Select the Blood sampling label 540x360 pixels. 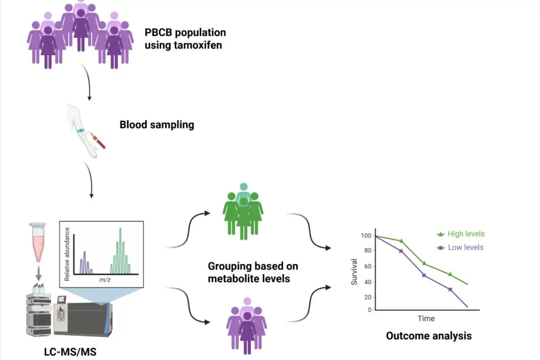pos(157,125)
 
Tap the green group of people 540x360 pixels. pos(244,208)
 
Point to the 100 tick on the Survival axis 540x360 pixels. pos(365,235)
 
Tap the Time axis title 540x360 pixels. pos(426,318)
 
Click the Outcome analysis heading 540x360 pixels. pos(428,336)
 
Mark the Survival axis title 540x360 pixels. pos(355,274)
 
